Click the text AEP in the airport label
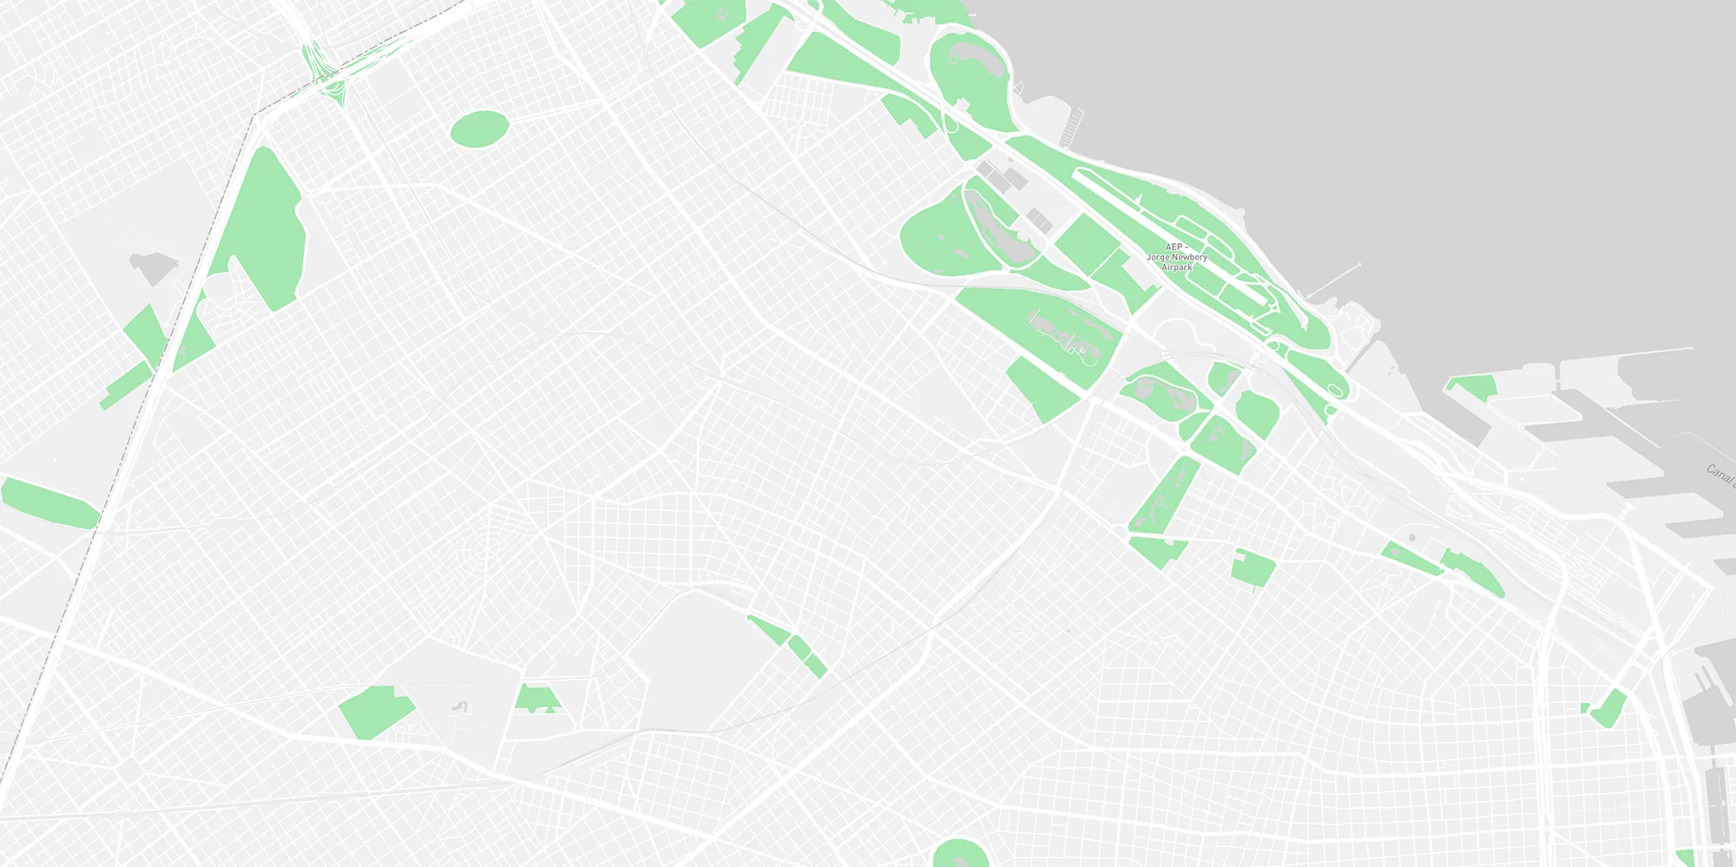(1174, 247)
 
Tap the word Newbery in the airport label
(1188, 258)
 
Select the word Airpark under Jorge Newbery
(1177, 267)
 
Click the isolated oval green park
(479, 128)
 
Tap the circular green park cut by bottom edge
(960, 854)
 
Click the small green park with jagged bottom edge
(537, 699)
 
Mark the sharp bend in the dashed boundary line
(254, 115)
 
